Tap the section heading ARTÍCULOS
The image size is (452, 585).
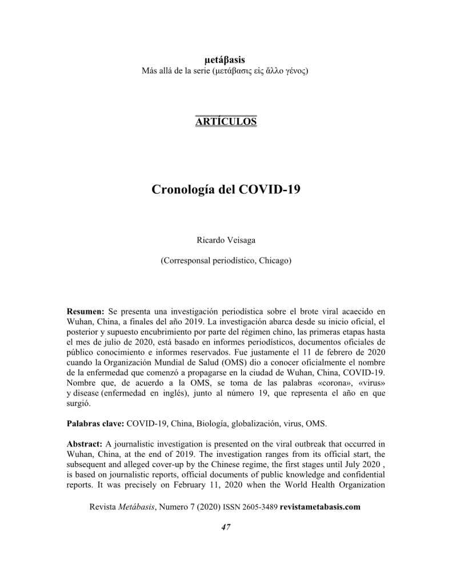(226, 122)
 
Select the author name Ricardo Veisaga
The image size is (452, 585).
(226, 240)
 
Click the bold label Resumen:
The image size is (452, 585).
(86, 312)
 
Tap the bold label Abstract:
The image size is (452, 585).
(85, 444)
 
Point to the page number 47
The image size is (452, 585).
(226, 527)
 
